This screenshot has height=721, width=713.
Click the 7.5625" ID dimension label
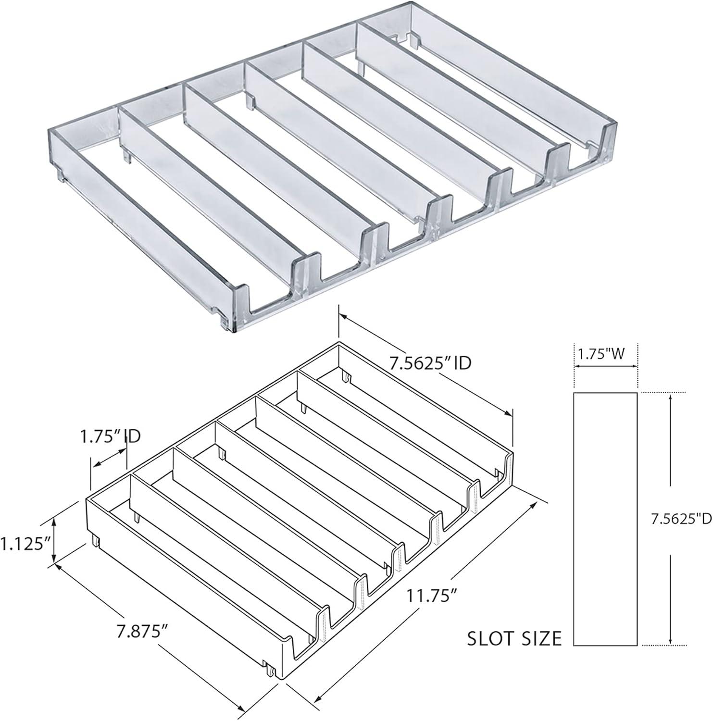[x=429, y=363]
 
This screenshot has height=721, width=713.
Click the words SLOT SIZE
[x=514, y=638]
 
